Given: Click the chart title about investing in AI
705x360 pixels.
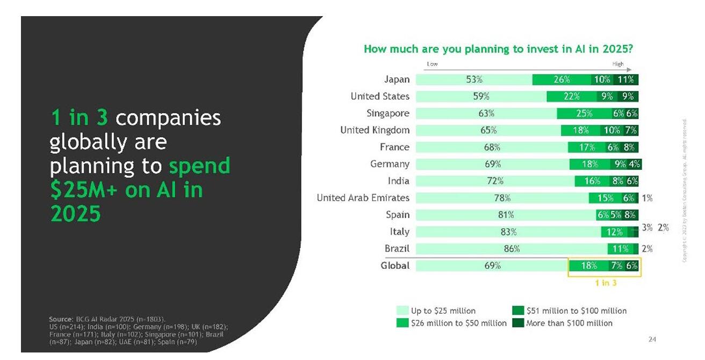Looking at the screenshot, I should (x=498, y=49).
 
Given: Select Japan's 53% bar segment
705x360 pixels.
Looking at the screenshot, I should (x=474, y=80).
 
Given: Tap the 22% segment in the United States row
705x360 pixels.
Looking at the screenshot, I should (x=571, y=97).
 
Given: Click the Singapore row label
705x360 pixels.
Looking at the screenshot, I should (x=388, y=113).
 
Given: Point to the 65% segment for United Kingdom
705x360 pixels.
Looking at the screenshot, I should (x=488, y=130).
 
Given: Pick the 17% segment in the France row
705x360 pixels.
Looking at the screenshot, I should (x=587, y=147).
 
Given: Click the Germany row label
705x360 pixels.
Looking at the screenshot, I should (x=390, y=164).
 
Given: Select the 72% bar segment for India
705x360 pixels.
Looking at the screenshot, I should (x=495, y=181).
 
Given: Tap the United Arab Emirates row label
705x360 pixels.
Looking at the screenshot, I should (x=363, y=198).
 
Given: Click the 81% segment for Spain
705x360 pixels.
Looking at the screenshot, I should (x=506, y=215).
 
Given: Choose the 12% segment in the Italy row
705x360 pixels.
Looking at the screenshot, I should (x=614, y=232).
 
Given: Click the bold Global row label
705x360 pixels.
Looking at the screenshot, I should (x=395, y=265).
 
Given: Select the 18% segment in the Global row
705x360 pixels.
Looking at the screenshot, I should (x=589, y=265).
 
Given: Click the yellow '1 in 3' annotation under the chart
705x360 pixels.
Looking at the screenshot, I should (x=606, y=283).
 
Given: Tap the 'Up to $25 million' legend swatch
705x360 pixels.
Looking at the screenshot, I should (x=402, y=311).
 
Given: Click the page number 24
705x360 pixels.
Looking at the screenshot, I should (x=652, y=339).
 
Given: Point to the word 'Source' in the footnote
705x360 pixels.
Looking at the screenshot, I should (x=60, y=319).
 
